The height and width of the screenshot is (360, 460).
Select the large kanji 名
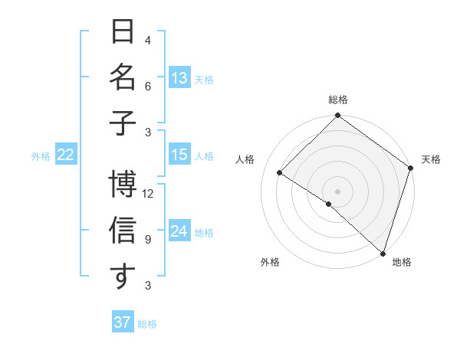(123, 78)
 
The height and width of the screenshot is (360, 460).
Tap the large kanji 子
(123, 123)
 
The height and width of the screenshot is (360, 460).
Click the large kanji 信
(123, 231)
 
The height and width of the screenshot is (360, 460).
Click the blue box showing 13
(179, 78)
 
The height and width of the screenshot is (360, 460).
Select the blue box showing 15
(179, 155)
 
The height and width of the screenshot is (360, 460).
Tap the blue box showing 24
(179, 231)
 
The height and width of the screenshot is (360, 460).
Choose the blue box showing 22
(66, 155)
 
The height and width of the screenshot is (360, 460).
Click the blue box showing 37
(123, 322)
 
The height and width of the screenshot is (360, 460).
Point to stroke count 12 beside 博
(148, 193)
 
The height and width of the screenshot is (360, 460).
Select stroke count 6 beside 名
(148, 87)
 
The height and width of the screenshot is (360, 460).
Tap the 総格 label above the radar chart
(338, 100)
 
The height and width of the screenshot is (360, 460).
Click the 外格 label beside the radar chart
(270, 262)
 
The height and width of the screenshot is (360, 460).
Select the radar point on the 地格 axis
(383, 253)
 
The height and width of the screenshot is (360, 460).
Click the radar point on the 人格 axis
(280, 173)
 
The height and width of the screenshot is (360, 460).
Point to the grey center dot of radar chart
(338, 191)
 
